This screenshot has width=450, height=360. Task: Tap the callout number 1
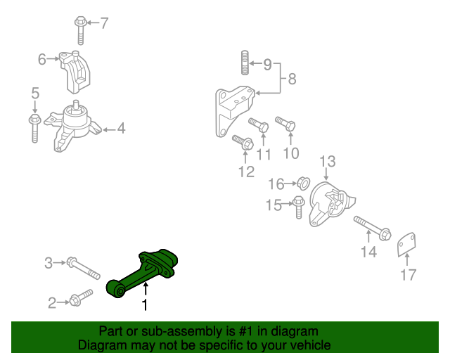coord(145,305)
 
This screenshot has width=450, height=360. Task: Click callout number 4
coord(121,129)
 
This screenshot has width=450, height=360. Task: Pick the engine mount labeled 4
coord(72,127)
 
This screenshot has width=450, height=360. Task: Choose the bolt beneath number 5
coord(34,127)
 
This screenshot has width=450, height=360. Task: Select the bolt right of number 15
coord(298,206)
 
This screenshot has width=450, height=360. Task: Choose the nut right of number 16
coord(303,184)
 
